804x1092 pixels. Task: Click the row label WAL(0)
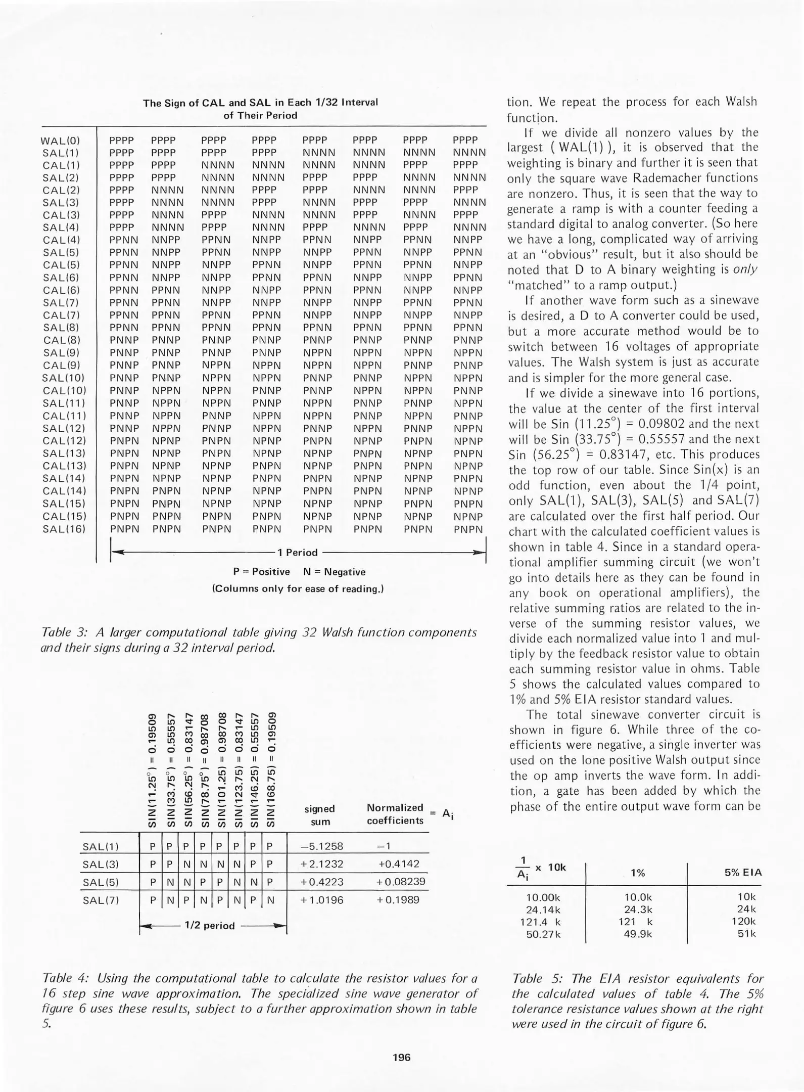click(x=60, y=141)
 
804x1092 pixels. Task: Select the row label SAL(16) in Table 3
click(x=64, y=529)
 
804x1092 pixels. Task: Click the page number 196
click(x=402, y=1057)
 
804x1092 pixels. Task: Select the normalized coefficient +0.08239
click(x=401, y=882)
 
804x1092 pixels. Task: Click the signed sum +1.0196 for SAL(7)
click(x=321, y=899)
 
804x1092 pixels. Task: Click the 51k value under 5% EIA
click(x=746, y=934)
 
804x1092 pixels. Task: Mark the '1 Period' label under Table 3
click(x=298, y=553)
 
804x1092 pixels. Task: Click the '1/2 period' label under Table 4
click(x=209, y=926)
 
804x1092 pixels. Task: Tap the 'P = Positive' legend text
click(x=261, y=572)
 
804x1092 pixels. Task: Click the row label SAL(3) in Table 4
click(x=100, y=864)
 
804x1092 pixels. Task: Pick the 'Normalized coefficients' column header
click(x=395, y=814)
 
